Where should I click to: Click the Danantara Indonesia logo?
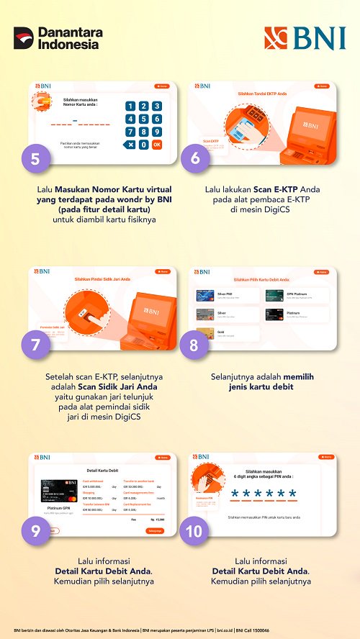(x=58, y=38)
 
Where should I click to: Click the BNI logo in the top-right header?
(x=305, y=38)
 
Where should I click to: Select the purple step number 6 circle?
(x=195, y=158)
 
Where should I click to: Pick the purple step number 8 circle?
(x=195, y=345)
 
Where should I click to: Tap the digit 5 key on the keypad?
(x=144, y=119)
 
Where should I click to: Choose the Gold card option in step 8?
(x=226, y=333)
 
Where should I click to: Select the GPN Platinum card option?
(x=296, y=295)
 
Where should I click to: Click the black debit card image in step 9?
(x=59, y=492)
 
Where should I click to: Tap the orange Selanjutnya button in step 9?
(x=155, y=531)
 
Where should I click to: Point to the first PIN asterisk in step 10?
(x=235, y=494)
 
